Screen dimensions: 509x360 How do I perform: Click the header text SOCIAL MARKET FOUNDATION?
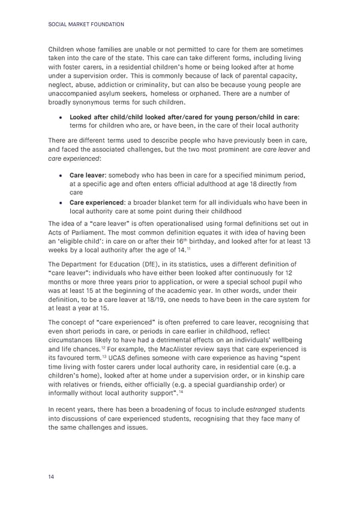click(x=85, y=25)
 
